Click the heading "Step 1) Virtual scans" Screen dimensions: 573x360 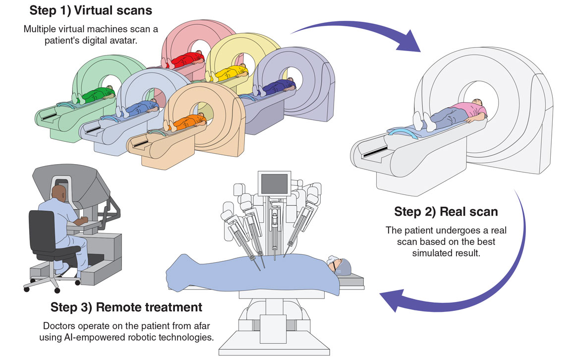(x=91, y=10)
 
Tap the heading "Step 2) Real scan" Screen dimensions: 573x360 (x=446, y=212)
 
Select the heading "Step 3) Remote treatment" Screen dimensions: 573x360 (x=126, y=307)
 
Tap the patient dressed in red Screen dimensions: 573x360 (x=184, y=59)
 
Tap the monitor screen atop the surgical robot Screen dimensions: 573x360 (x=275, y=184)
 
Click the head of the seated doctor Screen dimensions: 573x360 (x=59, y=193)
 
